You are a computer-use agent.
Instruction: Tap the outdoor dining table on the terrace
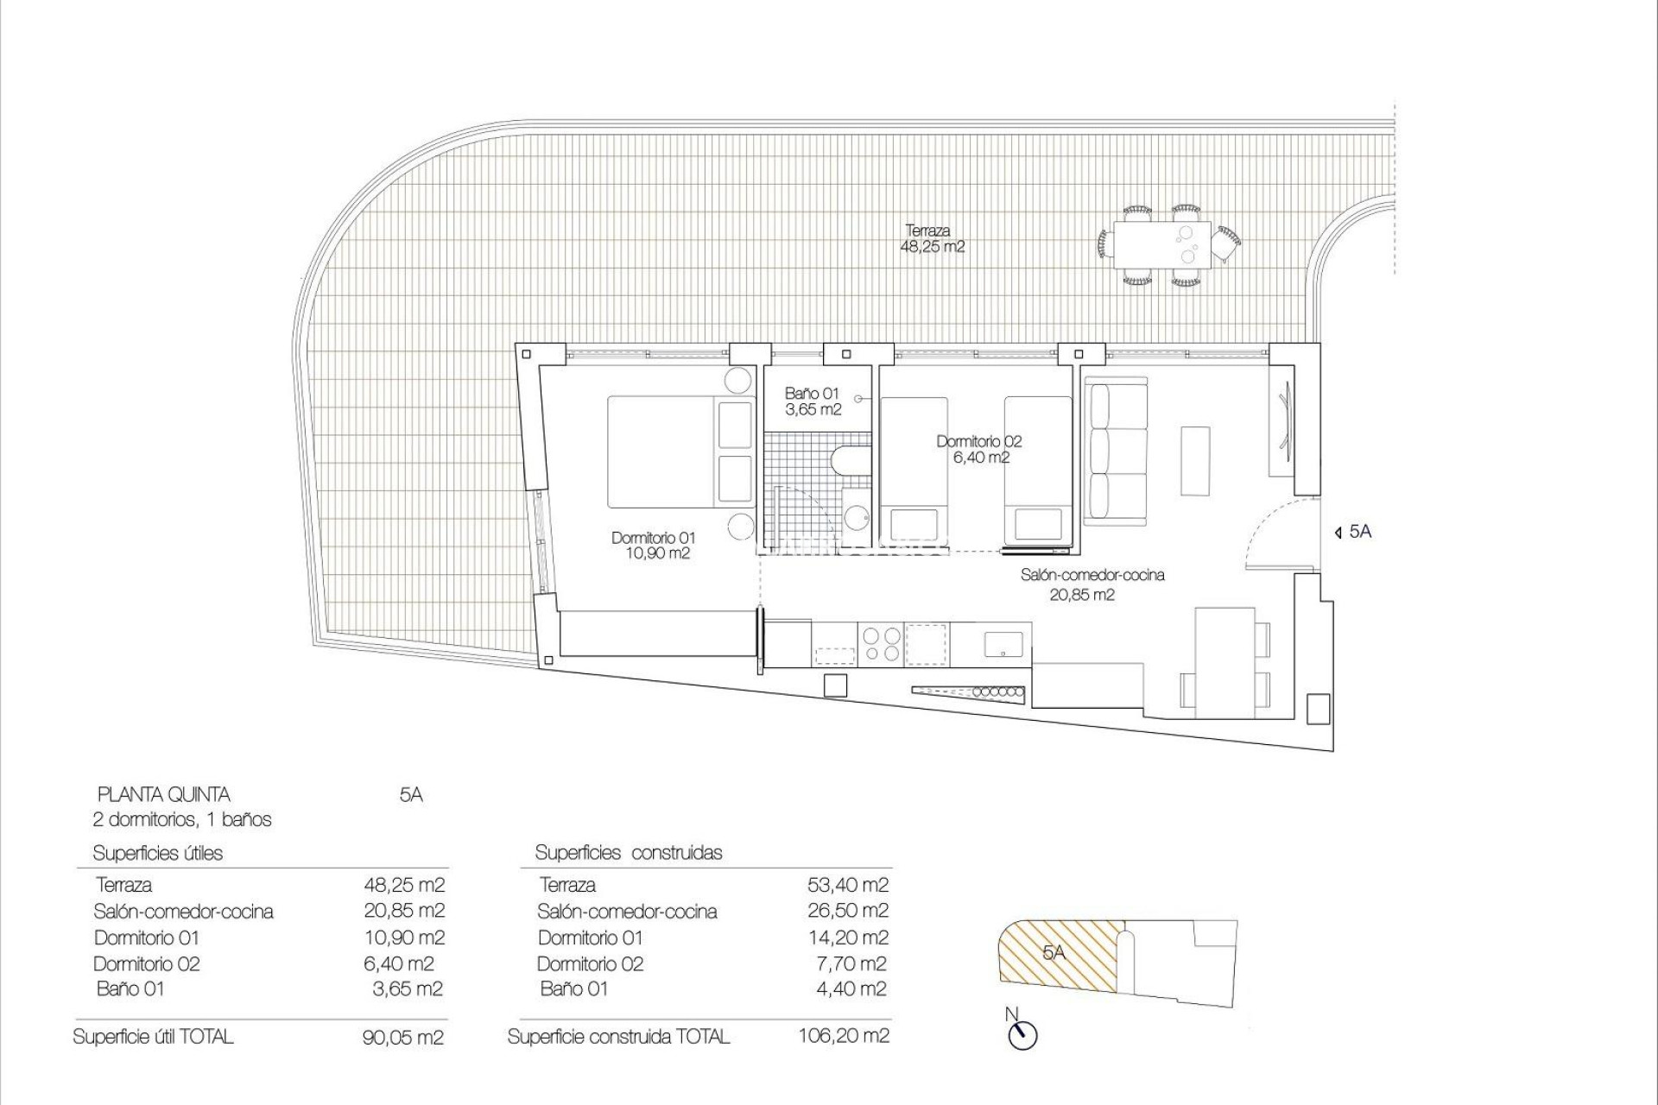[x=1161, y=244]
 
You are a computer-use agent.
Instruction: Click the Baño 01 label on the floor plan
[x=812, y=401]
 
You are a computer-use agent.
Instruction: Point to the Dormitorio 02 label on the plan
[x=979, y=450]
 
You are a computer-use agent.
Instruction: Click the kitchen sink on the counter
[x=1003, y=643]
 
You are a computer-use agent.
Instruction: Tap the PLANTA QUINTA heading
[x=163, y=795]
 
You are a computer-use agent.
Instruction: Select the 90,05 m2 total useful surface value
[x=403, y=1038]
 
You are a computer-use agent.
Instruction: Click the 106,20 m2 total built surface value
[x=843, y=1036]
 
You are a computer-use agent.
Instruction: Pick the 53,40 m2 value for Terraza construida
[x=846, y=885]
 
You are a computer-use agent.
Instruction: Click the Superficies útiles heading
[x=157, y=854]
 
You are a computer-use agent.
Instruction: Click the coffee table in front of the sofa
[x=1196, y=460]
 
